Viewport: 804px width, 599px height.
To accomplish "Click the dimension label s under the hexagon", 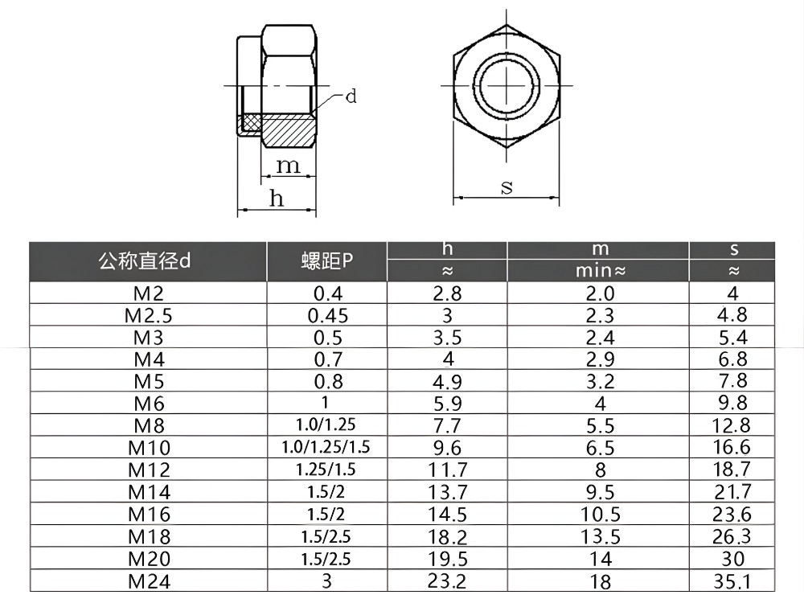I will (x=507, y=187).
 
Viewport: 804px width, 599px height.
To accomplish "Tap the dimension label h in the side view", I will (x=277, y=199).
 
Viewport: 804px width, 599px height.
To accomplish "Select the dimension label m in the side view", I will (x=288, y=166).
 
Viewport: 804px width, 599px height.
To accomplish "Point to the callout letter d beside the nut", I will (x=351, y=97).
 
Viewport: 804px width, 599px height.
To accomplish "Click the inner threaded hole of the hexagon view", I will (x=507, y=84).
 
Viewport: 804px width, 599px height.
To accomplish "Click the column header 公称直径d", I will (x=146, y=261).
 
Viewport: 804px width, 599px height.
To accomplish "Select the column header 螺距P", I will (x=327, y=261).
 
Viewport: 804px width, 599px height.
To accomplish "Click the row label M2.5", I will (x=149, y=315).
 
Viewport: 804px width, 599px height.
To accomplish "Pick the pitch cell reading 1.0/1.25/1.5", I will (x=327, y=447).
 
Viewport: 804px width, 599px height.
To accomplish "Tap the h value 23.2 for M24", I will (x=448, y=581).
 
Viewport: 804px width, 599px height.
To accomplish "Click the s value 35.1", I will (x=732, y=581).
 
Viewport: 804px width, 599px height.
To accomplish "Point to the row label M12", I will (x=149, y=470).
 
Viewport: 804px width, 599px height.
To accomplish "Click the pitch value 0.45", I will (x=327, y=315).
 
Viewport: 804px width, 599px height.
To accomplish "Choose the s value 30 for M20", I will (x=732, y=558).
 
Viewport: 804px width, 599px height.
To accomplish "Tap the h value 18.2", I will (x=448, y=536).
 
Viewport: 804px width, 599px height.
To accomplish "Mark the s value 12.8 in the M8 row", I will (x=732, y=425).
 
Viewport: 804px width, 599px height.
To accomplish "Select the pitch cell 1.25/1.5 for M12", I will (x=327, y=470).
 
